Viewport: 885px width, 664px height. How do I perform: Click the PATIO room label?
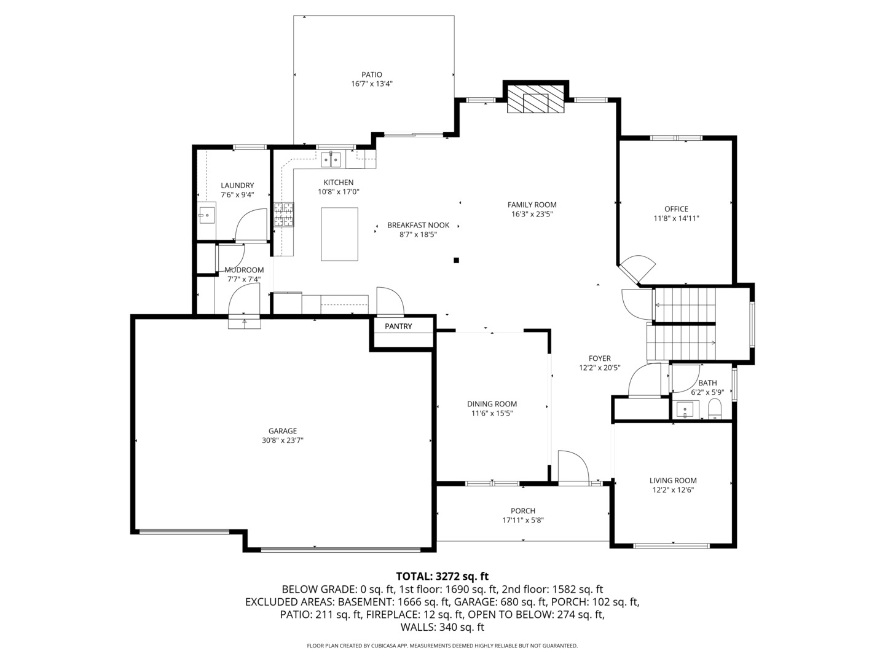click(x=371, y=74)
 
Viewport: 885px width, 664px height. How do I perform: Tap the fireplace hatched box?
click(x=535, y=99)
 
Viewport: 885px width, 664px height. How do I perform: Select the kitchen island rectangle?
click(x=339, y=234)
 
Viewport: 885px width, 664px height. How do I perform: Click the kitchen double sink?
click(x=331, y=160)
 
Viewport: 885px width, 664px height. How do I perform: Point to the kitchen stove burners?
click(x=284, y=215)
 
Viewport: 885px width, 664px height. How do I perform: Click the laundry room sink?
click(x=206, y=215)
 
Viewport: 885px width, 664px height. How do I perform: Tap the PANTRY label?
click(x=398, y=326)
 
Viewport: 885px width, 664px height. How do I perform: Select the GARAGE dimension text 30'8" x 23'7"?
click(x=283, y=440)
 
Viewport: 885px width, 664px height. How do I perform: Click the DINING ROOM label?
click(x=492, y=404)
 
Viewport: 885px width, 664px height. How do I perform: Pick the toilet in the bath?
click(x=715, y=408)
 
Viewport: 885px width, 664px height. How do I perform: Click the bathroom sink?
click(x=685, y=409)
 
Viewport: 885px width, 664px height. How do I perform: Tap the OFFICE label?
click(x=676, y=209)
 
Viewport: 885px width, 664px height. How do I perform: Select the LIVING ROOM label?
click(x=673, y=481)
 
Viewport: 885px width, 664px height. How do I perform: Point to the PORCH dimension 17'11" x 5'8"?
click(x=522, y=520)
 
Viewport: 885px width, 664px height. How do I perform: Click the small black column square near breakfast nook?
click(x=456, y=260)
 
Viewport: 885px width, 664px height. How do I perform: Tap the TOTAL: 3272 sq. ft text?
click(x=442, y=576)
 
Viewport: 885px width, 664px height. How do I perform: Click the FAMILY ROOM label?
click(x=532, y=205)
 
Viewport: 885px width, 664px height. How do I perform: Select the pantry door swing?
click(x=390, y=301)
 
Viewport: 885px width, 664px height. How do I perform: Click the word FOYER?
click(x=599, y=358)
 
